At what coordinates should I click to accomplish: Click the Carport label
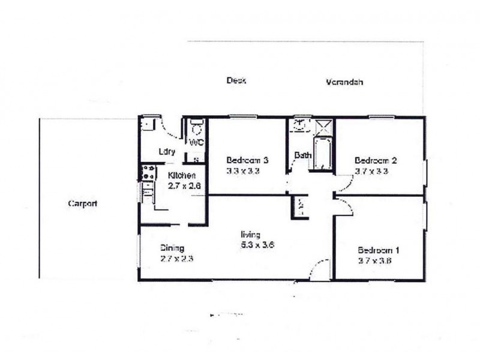(x=83, y=203)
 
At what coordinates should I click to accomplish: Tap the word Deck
(x=237, y=80)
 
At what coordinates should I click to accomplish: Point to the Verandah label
(x=345, y=83)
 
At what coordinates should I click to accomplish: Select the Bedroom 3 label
(x=247, y=160)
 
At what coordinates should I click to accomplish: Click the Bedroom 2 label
(x=376, y=160)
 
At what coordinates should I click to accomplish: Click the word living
(x=251, y=235)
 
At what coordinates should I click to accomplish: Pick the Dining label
(x=172, y=248)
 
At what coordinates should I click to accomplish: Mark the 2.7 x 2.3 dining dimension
(x=176, y=259)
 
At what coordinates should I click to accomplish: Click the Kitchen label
(x=182, y=175)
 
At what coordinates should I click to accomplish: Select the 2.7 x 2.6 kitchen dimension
(x=184, y=186)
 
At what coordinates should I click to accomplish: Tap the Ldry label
(x=167, y=152)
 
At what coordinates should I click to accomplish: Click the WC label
(x=197, y=143)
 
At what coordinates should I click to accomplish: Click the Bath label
(x=302, y=156)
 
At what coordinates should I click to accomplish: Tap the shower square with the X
(x=323, y=126)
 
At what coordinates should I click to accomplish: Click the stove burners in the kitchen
(x=147, y=172)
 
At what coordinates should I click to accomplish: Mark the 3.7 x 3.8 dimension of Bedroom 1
(x=375, y=260)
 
